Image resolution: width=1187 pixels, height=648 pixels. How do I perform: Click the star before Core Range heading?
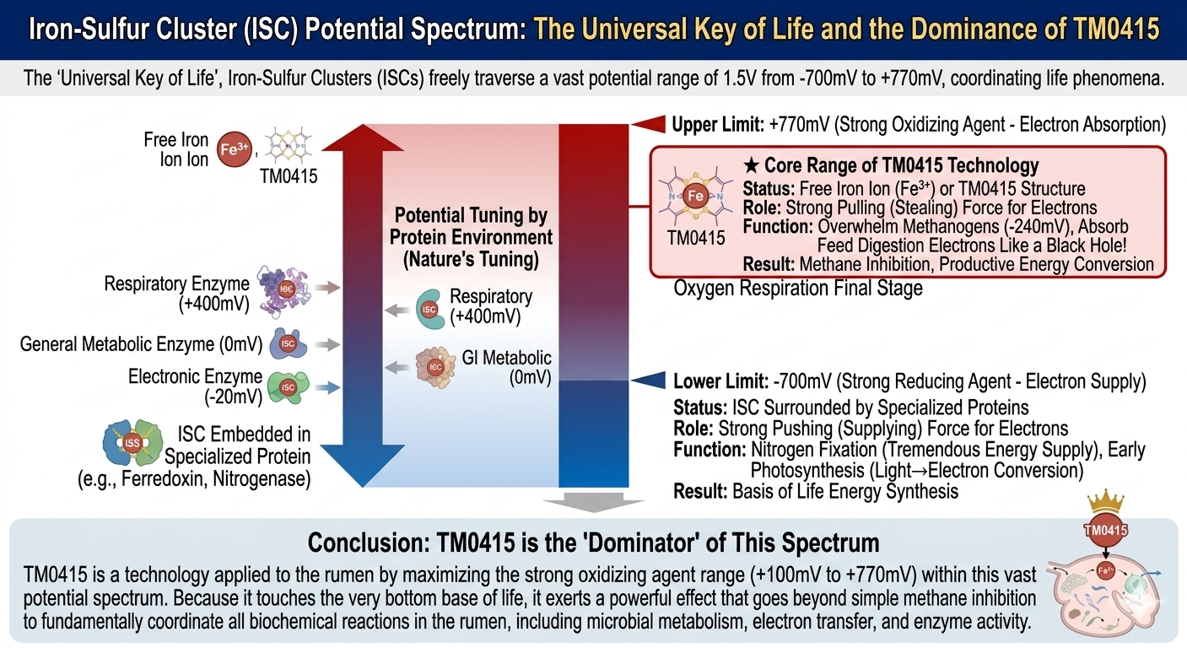tap(748, 165)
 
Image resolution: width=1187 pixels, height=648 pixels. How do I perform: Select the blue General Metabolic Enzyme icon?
tap(287, 343)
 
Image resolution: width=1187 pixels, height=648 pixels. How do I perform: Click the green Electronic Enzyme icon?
tap(288, 386)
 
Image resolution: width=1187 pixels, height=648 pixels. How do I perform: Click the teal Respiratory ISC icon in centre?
tap(429, 308)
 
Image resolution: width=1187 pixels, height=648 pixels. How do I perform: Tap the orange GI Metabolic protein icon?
tap(434, 366)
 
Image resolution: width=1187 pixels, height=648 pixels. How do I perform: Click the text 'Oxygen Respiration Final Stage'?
tap(797, 289)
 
